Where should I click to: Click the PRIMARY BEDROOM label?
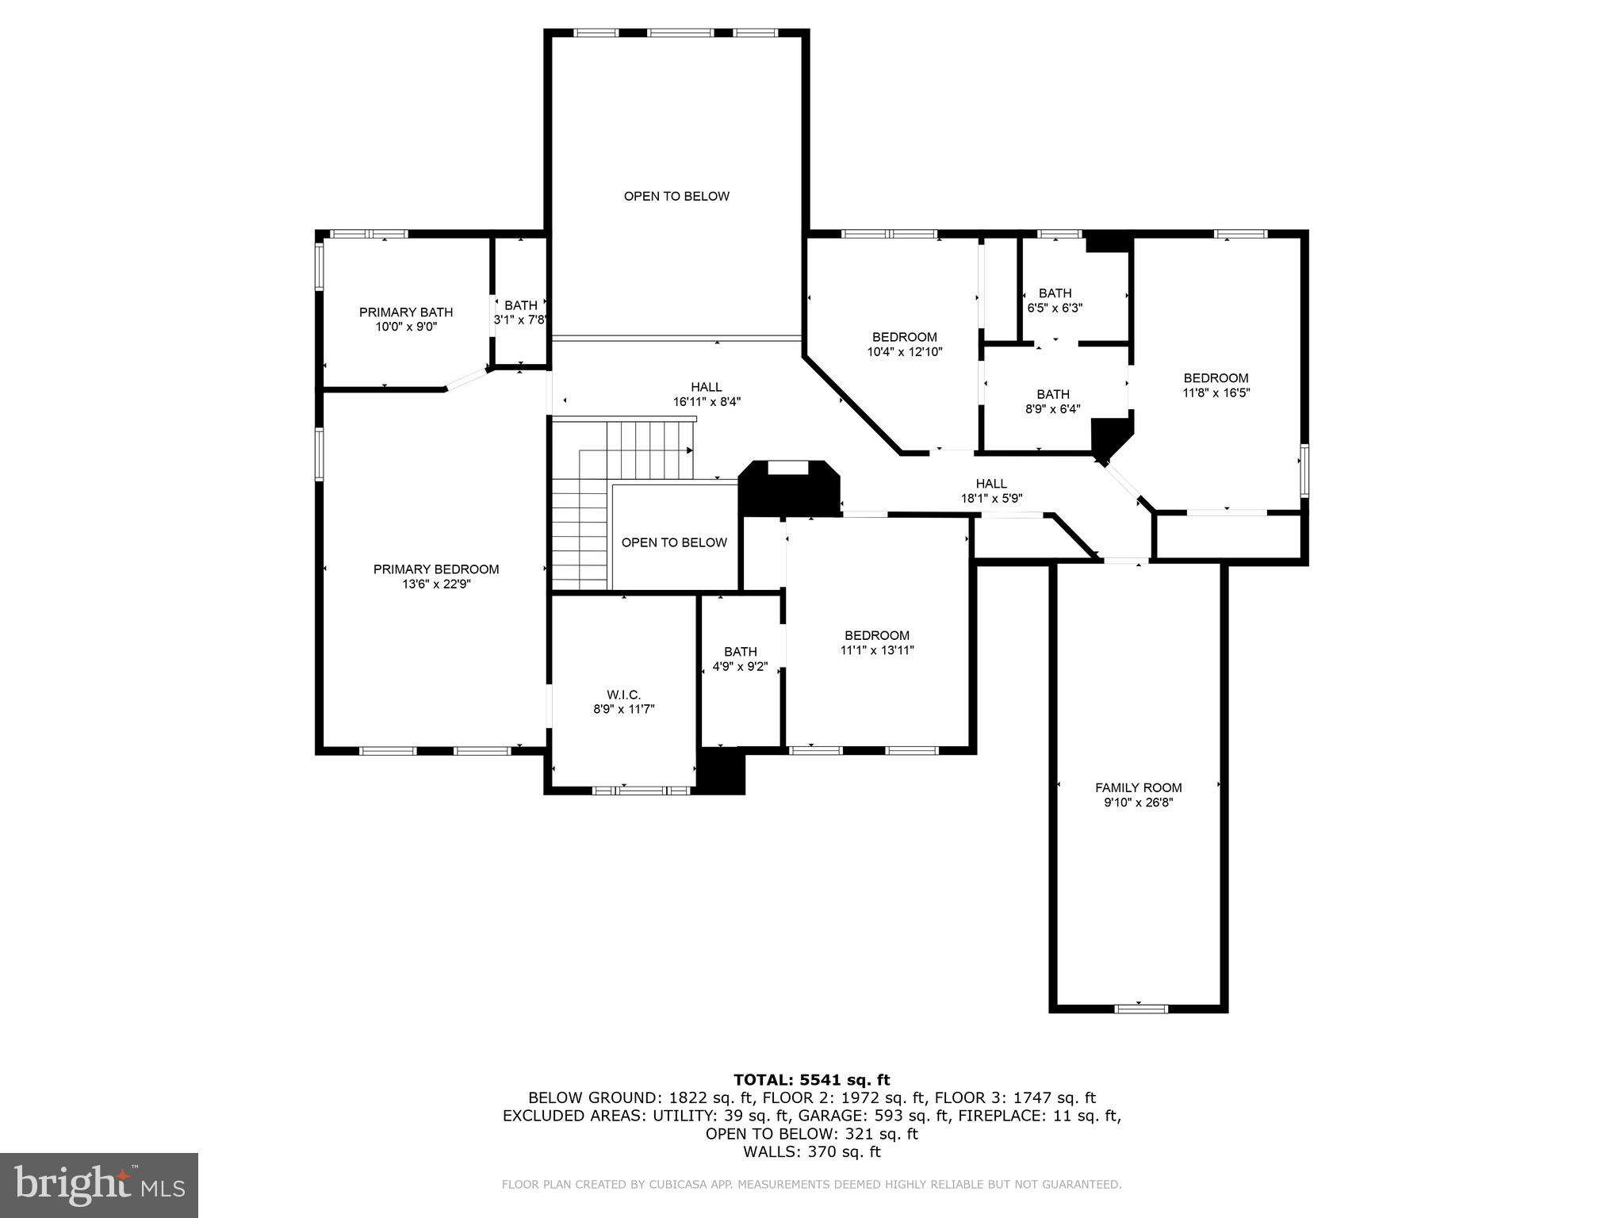click(x=436, y=569)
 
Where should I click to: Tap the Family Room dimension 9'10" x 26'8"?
click(x=1138, y=802)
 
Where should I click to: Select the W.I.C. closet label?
click(x=623, y=695)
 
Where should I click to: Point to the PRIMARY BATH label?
click(x=406, y=312)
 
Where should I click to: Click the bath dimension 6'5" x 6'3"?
click(x=1055, y=308)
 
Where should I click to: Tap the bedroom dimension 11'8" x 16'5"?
click(x=1216, y=393)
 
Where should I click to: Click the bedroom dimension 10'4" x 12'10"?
click(x=904, y=351)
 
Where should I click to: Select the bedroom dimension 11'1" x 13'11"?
click(x=877, y=650)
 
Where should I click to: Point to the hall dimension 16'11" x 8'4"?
click(x=707, y=402)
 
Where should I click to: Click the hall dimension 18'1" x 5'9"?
click(x=991, y=499)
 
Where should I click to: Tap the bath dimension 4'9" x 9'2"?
click(x=740, y=667)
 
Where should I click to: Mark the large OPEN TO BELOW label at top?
click(x=676, y=196)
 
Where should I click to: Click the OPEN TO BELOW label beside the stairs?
click(x=674, y=542)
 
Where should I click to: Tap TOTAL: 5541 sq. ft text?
click(x=811, y=1079)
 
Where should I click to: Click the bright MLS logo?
click(x=99, y=1185)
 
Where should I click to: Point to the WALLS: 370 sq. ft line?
click(x=811, y=1151)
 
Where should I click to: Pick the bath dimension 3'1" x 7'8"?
click(x=520, y=320)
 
